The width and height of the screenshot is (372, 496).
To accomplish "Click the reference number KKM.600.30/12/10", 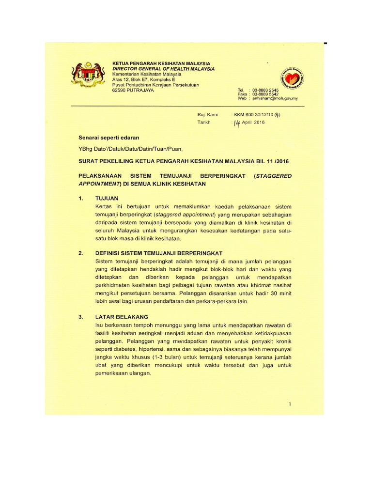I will click(260, 115).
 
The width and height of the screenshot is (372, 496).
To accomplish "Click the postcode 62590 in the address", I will click(119, 90).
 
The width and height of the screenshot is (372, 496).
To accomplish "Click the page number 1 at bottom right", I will click(289, 404).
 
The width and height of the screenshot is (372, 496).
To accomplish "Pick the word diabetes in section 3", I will click(124, 349).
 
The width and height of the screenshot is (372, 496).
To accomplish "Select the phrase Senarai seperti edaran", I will click(106, 138).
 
